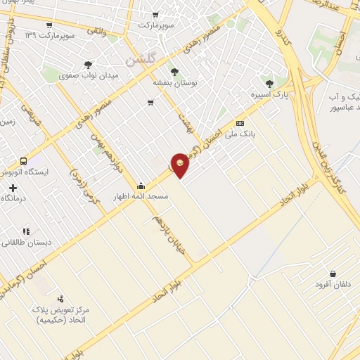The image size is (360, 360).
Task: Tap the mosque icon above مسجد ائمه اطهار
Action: [x=141, y=186]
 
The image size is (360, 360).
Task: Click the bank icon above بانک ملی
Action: [x=240, y=121]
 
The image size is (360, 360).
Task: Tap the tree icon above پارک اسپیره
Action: [x=268, y=84]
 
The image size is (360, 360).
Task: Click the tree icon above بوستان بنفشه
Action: [x=174, y=71]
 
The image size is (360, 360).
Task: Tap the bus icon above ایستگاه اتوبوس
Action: [x=24, y=161]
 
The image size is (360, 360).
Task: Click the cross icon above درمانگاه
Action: [x=13, y=188]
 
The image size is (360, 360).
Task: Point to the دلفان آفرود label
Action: [x=332, y=285]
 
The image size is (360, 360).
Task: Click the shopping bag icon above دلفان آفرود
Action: [x=332, y=274]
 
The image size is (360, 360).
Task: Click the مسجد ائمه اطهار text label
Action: [x=142, y=197]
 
